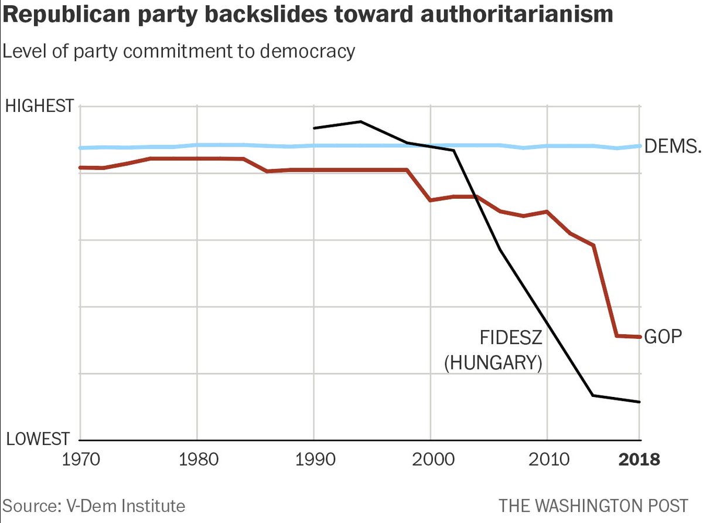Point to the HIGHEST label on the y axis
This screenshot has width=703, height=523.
point(39,107)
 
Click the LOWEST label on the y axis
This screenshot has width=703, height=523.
point(36,439)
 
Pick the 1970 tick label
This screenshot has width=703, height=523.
point(80,459)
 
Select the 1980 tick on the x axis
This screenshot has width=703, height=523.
point(197,459)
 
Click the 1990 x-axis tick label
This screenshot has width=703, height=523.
point(314,459)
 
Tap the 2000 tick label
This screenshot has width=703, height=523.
point(431,459)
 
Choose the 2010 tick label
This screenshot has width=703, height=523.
point(547,459)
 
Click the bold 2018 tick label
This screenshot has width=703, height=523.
point(639,459)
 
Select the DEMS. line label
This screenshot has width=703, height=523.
point(672,147)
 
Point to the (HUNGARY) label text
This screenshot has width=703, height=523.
point(493,363)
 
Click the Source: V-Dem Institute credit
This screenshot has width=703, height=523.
point(94,505)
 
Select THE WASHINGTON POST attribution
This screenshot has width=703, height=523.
point(593,505)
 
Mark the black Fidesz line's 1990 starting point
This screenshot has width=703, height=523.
point(315,128)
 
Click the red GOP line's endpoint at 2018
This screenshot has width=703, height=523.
point(639,337)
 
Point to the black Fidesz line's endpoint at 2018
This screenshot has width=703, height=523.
point(639,402)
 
